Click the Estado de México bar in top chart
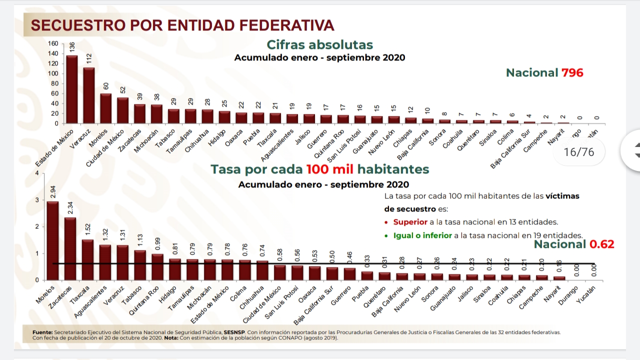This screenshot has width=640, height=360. (72, 89)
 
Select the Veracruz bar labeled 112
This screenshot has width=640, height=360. (89, 95)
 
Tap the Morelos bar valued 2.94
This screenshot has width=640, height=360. (52, 240)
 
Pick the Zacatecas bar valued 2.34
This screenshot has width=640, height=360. (70, 248)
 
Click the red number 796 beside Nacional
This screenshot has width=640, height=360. (572, 72)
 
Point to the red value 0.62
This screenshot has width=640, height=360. (601, 244)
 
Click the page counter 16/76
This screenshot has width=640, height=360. (578, 152)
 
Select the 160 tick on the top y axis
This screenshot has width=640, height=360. (53, 43)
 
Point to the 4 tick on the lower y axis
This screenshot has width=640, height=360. (36, 173)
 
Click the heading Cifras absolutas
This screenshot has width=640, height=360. (319, 44)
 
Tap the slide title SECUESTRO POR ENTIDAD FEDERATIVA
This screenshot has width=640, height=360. (182, 25)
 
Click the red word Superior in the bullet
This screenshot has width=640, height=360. (410, 222)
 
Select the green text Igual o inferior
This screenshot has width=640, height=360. (422, 235)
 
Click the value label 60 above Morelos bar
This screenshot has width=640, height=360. (106, 86)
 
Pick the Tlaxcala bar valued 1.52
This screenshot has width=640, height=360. (87, 259)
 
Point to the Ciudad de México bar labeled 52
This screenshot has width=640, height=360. (123, 110)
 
